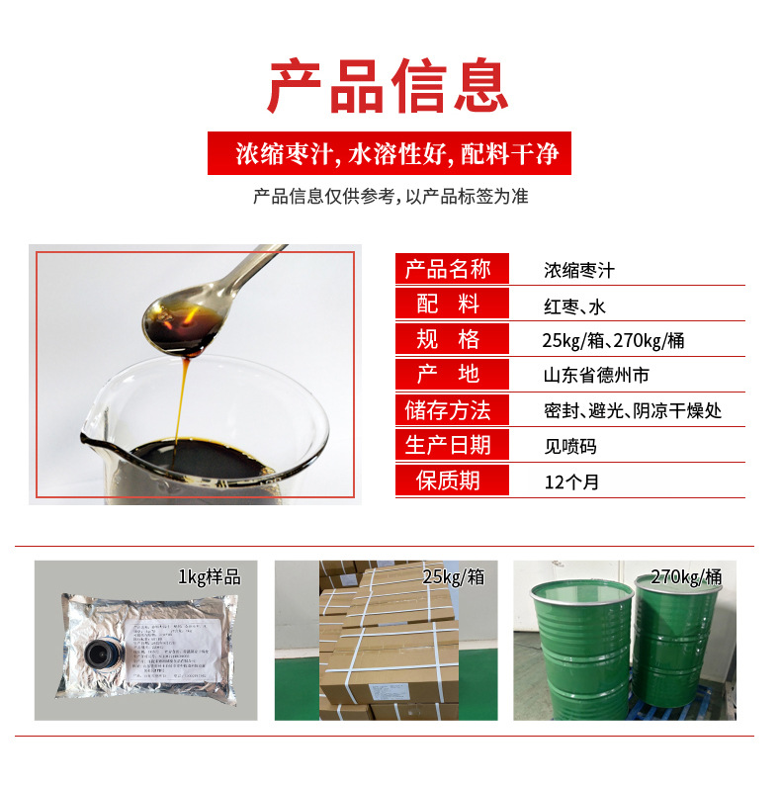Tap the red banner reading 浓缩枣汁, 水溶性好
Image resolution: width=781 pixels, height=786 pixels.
pyautogui.click(x=390, y=155)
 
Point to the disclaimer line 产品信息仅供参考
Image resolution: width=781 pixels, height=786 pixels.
pyautogui.click(x=390, y=196)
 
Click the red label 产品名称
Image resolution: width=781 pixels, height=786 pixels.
pyautogui.click(x=451, y=269)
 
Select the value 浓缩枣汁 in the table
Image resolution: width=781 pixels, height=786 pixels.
pyautogui.click(x=579, y=270)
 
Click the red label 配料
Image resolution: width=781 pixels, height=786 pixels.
pyautogui.click(x=451, y=305)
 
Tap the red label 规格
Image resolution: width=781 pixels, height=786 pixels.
pyautogui.click(x=451, y=339)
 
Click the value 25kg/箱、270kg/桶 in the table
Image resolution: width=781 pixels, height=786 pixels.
pyautogui.click(x=614, y=341)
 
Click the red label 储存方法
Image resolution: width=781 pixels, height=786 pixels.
pyautogui.click(x=451, y=409)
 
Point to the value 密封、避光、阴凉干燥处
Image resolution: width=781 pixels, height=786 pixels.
pyautogui.click(x=633, y=410)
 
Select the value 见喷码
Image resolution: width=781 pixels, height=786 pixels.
pyautogui.click(x=570, y=446)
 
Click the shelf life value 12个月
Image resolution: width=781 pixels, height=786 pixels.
pyautogui.click(x=571, y=482)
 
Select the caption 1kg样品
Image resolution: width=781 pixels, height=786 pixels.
pyautogui.click(x=209, y=576)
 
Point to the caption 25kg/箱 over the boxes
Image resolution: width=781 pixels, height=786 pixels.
pyautogui.click(x=454, y=576)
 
